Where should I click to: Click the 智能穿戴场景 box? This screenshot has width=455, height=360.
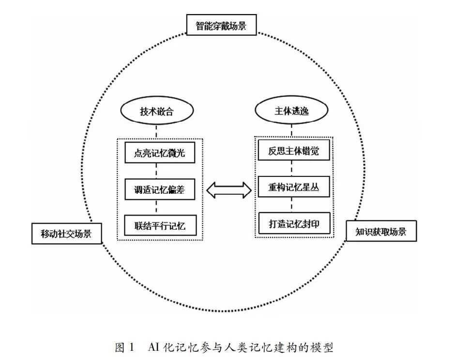pyautogui.click(x=221, y=26)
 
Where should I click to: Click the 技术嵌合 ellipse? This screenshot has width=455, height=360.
pyautogui.click(x=156, y=112)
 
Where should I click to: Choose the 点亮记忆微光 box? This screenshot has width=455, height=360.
pyautogui.click(x=160, y=154)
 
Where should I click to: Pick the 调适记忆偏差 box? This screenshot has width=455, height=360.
pyautogui.click(x=160, y=190)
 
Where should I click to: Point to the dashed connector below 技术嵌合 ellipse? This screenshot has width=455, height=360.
pyautogui.click(x=156, y=131)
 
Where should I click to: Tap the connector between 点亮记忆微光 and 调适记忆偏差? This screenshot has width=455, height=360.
pyautogui.click(x=156, y=172)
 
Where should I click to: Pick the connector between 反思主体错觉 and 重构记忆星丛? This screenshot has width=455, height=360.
pyautogui.click(x=292, y=170)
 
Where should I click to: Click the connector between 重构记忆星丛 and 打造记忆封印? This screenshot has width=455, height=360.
pyautogui.click(x=292, y=205)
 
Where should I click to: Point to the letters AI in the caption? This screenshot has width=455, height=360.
pyautogui.click(x=152, y=347)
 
